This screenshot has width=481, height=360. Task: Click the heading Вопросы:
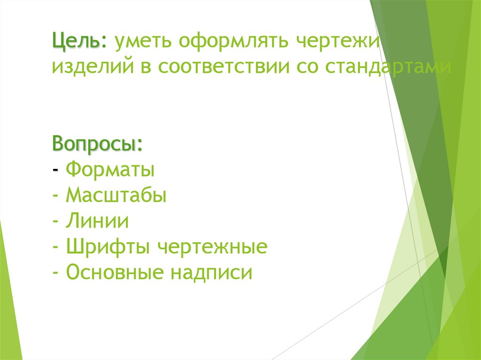[x=98, y=143]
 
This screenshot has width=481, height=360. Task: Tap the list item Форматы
[x=110, y=169]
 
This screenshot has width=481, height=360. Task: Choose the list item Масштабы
[x=116, y=194]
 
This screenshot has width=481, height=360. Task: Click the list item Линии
[x=97, y=221]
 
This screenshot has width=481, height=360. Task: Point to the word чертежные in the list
[x=212, y=246]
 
